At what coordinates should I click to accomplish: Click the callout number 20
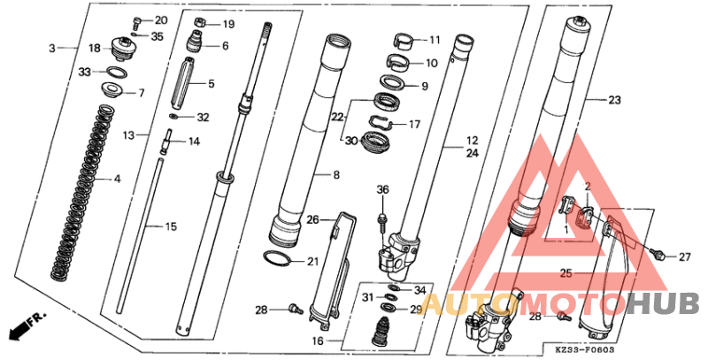[x=161, y=20]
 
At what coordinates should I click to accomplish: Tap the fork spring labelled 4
[x=81, y=192]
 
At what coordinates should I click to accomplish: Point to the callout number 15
[x=171, y=226]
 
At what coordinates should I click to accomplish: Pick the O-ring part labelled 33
[x=116, y=72]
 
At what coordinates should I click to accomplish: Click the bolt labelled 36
[x=382, y=221]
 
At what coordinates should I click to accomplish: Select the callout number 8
[x=336, y=174]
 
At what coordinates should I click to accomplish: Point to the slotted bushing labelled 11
[x=405, y=41]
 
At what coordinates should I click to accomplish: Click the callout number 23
[x=614, y=100]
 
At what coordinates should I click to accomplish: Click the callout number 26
[x=312, y=220]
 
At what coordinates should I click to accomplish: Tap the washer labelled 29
[x=388, y=308]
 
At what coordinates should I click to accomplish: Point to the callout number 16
[x=318, y=341]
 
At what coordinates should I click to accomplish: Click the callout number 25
[x=566, y=273]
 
